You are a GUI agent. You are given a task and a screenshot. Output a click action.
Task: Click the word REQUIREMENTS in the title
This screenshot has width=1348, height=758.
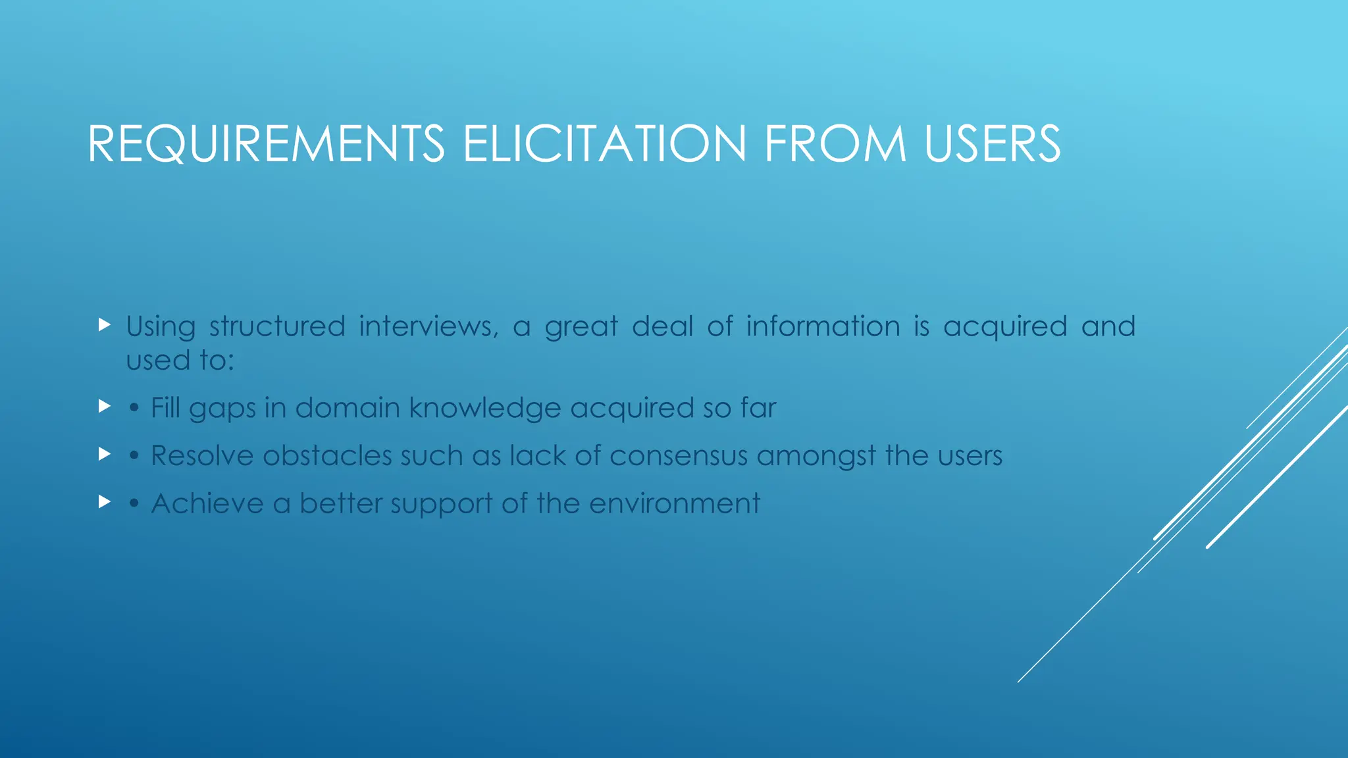click(x=266, y=143)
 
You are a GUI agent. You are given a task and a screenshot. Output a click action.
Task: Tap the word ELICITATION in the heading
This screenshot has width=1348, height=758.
click(x=605, y=143)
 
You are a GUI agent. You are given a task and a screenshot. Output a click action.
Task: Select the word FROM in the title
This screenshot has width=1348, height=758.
click(x=835, y=143)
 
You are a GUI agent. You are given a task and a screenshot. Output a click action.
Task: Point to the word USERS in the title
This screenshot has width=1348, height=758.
click(x=993, y=143)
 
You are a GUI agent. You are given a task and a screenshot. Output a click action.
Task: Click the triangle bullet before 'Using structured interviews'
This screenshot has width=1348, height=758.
click(x=104, y=324)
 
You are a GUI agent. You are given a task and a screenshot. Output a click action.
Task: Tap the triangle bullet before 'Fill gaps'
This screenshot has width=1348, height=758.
click(x=104, y=406)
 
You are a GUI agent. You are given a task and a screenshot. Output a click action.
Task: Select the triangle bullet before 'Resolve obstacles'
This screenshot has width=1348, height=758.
click(x=104, y=453)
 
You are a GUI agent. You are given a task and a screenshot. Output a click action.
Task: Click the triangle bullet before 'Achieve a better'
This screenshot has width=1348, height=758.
click(x=104, y=501)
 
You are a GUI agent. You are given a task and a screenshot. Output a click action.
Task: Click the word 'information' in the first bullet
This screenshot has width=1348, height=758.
click(x=823, y=326)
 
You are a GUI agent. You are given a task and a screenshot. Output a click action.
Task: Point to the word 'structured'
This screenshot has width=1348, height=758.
click(x=277, y=326)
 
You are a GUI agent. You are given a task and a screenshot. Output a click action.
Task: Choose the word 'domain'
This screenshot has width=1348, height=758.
click(x=348, y=408)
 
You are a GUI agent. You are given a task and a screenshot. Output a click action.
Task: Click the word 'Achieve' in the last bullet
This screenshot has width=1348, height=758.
click(x=207, y=503)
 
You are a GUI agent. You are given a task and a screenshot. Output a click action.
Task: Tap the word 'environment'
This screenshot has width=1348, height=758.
click(x=675, y=503)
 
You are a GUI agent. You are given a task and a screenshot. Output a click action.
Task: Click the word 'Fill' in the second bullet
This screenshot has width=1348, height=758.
click(x=165, y=408)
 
